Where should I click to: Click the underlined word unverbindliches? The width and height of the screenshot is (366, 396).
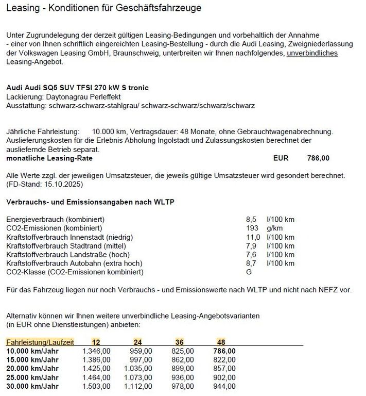point(312,53)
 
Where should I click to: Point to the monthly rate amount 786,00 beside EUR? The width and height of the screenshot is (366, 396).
point(318,158)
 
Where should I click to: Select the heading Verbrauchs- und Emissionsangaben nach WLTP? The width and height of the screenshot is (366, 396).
point(90,202)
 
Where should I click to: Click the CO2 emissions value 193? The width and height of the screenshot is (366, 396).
point(253,228)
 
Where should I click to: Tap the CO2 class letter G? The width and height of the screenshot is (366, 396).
point(250,272)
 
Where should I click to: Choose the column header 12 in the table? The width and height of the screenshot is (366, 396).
point(96,342)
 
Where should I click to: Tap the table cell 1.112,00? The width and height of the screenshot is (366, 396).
point(138,386)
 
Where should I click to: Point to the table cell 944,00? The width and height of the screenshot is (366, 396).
point(224,386)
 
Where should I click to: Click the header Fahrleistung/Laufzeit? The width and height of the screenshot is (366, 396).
point(40,342)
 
